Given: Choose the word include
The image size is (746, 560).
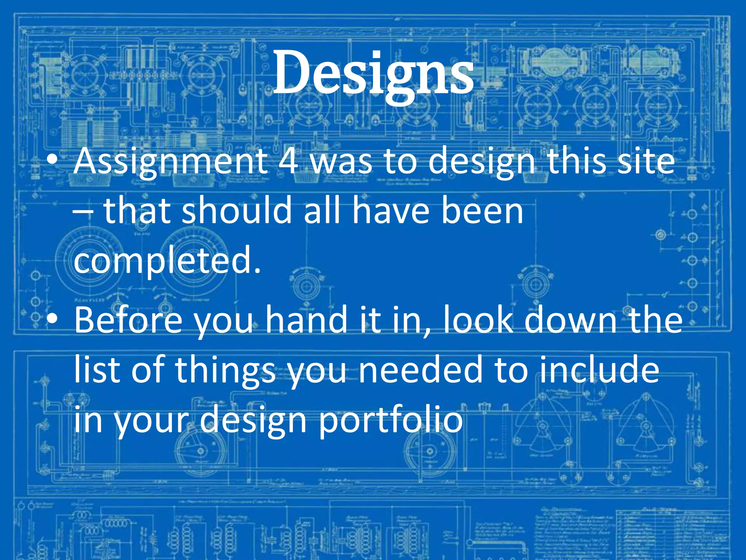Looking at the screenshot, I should tap(599, 370).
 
